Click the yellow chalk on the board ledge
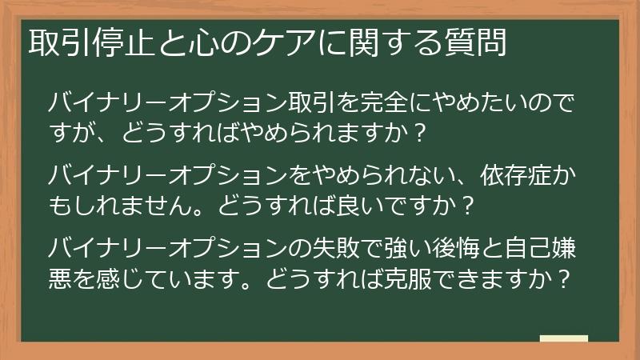coord(564,339)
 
